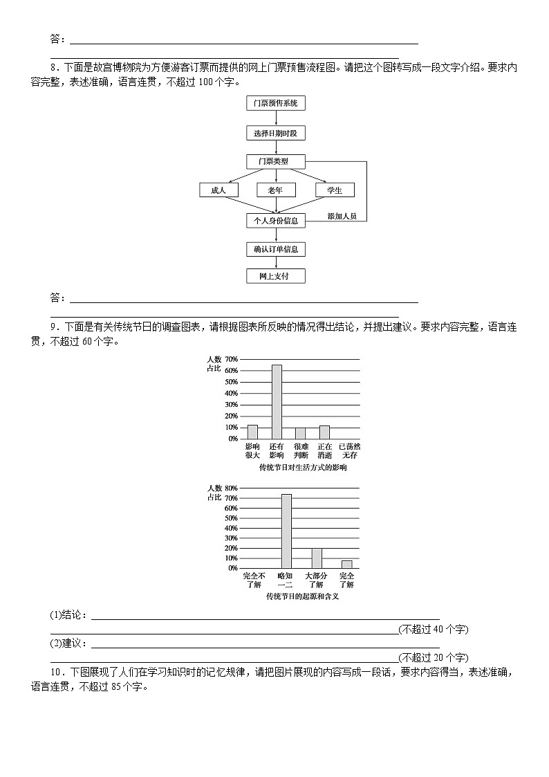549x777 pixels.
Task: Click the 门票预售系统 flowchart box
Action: (275, 104)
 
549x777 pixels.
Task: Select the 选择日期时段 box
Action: (275, 133)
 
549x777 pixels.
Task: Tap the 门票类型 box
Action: (275, 162)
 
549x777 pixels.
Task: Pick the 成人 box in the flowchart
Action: (218, 190)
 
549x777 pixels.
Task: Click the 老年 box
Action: (275, 190)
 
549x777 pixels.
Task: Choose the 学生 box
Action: (335, 190)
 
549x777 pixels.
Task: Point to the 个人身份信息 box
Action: (275, 221)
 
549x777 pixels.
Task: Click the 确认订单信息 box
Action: (275, 249)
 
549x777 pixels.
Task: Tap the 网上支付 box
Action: (275, 276)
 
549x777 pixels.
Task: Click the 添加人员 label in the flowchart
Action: (342, 217)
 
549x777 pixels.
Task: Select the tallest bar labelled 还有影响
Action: (276, 401)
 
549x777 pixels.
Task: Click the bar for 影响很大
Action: (252, 432)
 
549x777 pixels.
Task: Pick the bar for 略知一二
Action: (286, 531)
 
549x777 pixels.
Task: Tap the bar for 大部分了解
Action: (316, 558)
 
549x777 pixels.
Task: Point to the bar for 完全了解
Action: (346, 564)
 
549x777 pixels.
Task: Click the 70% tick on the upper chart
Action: (232, 360)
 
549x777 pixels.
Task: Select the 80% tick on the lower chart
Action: (232, 488)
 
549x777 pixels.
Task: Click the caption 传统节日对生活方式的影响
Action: (302, 468)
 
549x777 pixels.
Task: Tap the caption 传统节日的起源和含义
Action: (302, 596)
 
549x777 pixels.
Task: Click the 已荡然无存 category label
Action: (349, 450)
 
